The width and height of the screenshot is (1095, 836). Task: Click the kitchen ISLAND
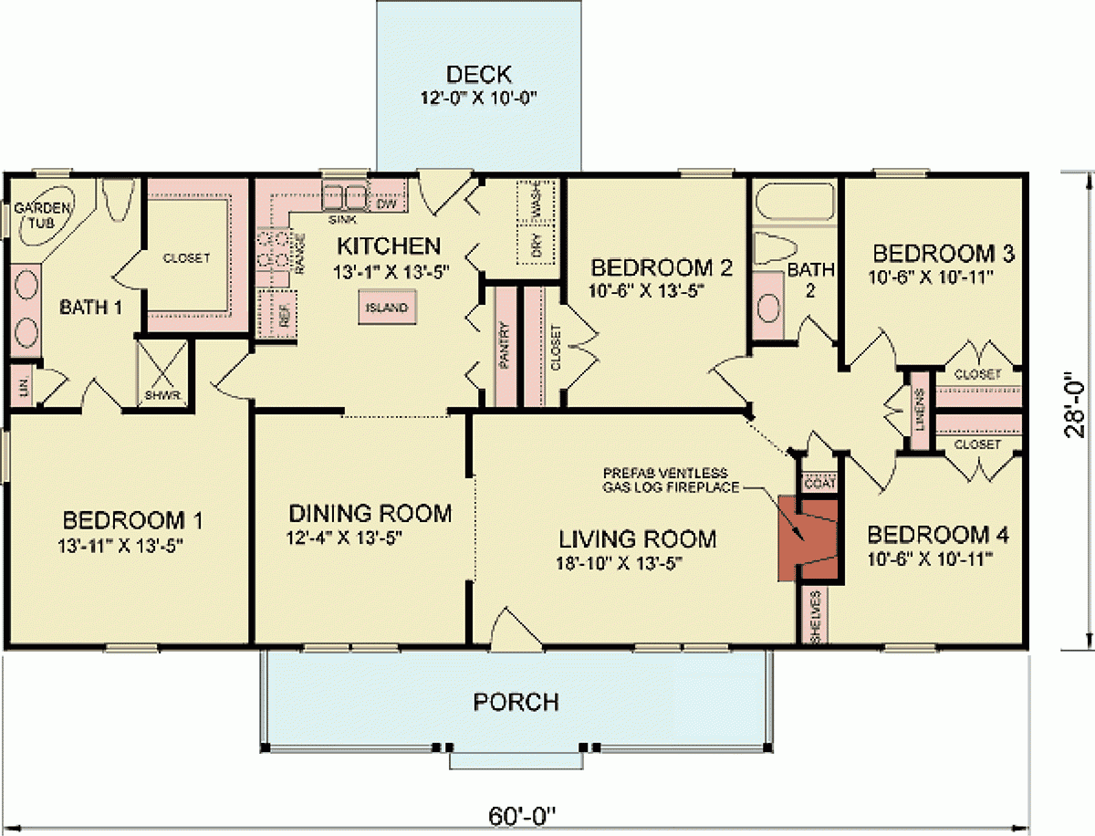pos(386,308)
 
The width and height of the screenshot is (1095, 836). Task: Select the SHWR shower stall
pos(164,374)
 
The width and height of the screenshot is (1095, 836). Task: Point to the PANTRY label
pos(504,346)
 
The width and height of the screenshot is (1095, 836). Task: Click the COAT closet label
pos(818,485)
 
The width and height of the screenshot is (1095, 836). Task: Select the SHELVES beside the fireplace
pos(816,616)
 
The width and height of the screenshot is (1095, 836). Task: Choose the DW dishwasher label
pos(386,204)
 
